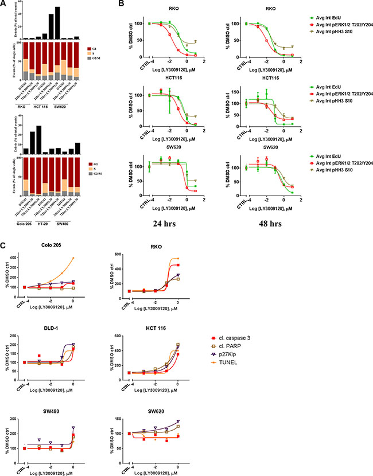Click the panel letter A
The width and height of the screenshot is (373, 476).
click(5, 5)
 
